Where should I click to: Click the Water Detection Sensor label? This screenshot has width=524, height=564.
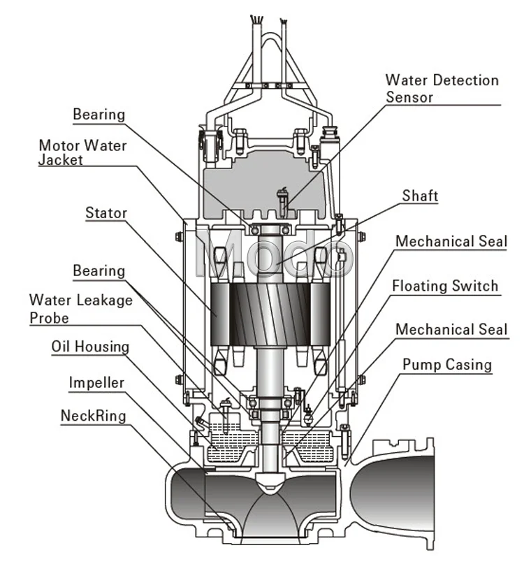pyautogui.click(x=442, y=88)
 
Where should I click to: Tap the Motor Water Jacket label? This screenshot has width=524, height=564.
pyautogui.click(x=82, y=152)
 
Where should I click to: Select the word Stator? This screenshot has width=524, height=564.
pyautogui.click(x=106, y=212)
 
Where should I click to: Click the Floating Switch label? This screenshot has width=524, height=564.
pyautogui.click(x=445, y=286)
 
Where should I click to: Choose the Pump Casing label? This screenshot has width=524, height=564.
pyautogui.click(x=447, y=364)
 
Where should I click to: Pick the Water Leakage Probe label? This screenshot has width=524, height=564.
pyautogui.click(x=80, y=309)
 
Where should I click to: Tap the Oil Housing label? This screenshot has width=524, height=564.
pyautogui.click(x=90, y=347)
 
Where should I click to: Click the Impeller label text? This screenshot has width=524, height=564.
pyautogui.click(x=96, y=382)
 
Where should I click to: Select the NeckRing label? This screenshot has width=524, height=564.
pyautogui.click(x=93, y=416)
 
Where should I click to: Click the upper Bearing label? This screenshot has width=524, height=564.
pyautogui.click(x=99, y=114)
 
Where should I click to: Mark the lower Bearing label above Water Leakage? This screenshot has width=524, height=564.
pyautogui.click(x=99, y=270)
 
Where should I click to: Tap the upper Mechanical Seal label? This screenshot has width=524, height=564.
pyautogui.click(x=451, y=242)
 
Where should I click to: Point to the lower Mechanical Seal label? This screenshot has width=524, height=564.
pyautogui.click(x=451, y=329)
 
